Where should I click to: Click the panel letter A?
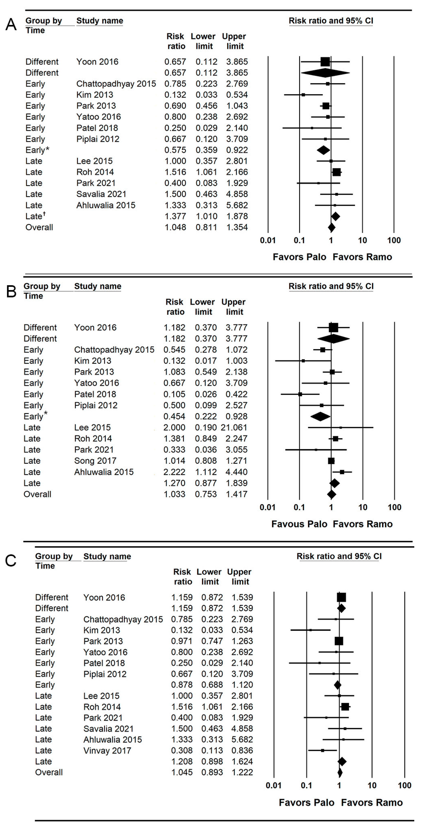click(11, 24)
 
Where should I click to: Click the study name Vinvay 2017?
click(107, 750)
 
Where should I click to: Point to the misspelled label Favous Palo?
click(299, 524)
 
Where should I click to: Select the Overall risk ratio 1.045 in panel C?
click(182, 772)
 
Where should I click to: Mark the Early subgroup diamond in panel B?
click(320, 417)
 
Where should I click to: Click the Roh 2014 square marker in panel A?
click(336, 172)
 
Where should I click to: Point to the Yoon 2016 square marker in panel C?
click(341, 597)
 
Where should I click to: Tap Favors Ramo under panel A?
click(362, 257)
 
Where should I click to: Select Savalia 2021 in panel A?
click(101, 194)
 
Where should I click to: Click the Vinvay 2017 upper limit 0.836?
click(242, 750)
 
